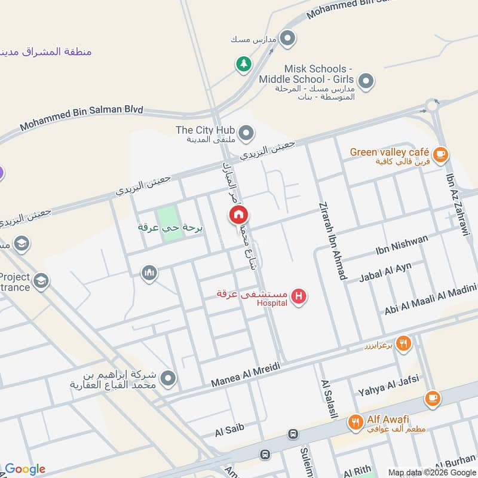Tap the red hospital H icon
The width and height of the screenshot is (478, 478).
pyautogui.click(x=299, y=296)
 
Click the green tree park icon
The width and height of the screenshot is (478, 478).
pyautogui.click(x=243, y=63)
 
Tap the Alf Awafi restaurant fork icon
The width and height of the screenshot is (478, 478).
pyautogui.click(x=356, y=422)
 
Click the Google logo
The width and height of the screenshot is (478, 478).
pyautogui.click(x=25, y=468)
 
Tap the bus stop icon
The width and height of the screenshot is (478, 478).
pyautogui.click(x=293, y=434)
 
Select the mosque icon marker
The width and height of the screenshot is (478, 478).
pyautogui.click(x=149, y=274)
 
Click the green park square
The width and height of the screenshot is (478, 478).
pyautogui.click(x=170, y=223)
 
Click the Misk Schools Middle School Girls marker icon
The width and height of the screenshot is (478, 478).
pyautogui.click(x=366, y=80)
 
